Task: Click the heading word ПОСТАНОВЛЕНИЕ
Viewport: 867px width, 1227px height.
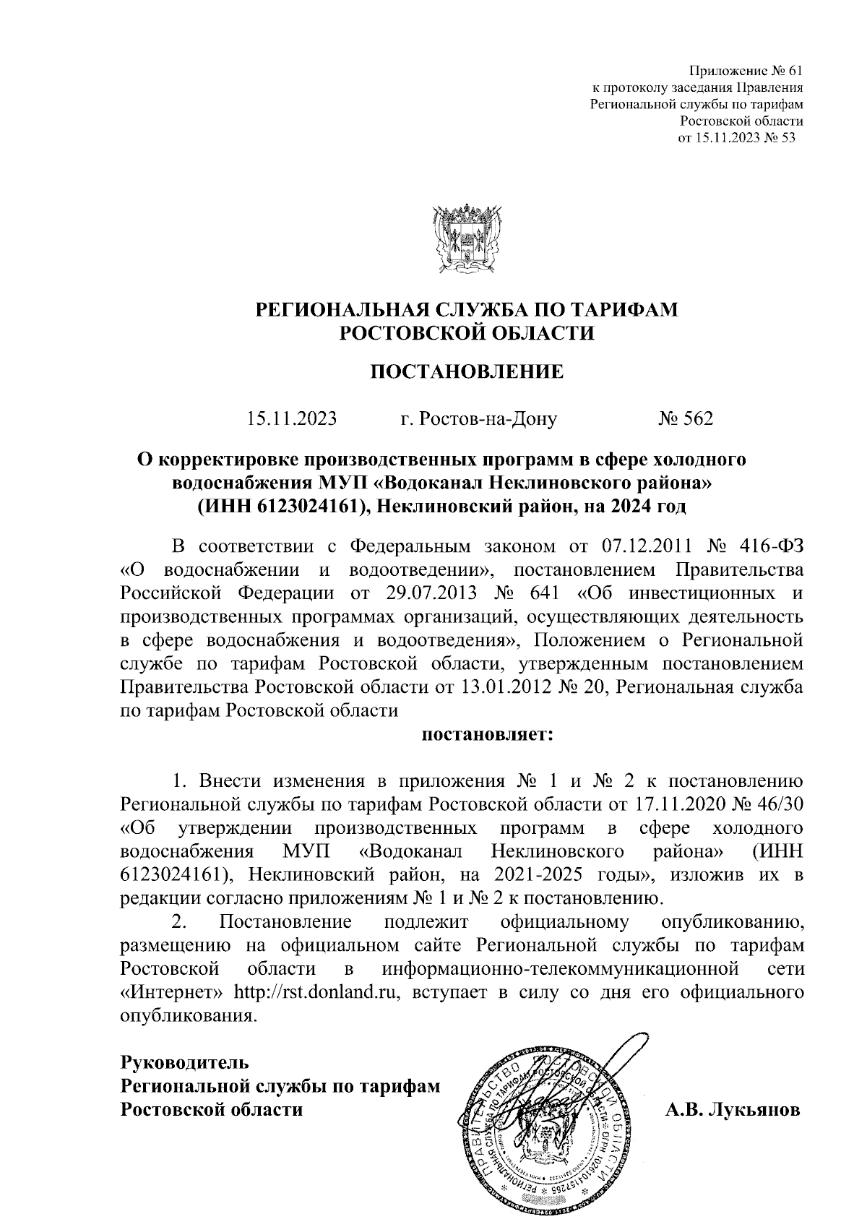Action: [467, 372]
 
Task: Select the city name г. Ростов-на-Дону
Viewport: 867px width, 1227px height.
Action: [478, 418]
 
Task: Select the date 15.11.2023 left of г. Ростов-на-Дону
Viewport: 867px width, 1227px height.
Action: [291, 418]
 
